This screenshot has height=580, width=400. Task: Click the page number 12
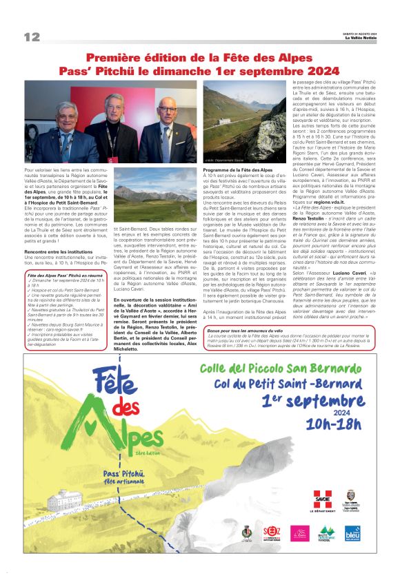[x=32, y=37]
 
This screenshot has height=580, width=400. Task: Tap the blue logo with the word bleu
[x=353, y=532]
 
